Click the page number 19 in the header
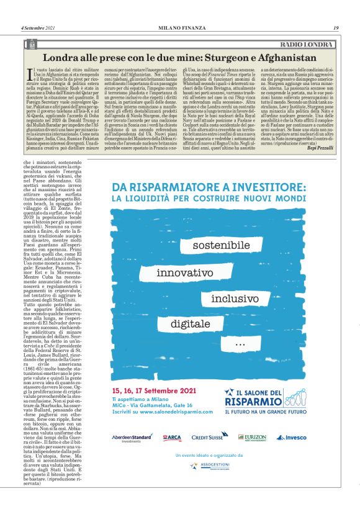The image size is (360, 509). pyautogui.click(x=335, y=27)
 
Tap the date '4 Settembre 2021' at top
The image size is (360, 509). pyautogui.click(x=38, y=27)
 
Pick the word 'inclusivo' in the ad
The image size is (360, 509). pyautogui.click(x=236, y=298)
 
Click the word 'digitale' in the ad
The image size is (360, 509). pyautogui.click(x=191, y=323)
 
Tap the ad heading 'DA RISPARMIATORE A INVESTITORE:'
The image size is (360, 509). pyautogui.click(x=209, y=186)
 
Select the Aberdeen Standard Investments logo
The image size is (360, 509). pyautogui.click(x=133, y=438)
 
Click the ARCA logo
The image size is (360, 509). pyautogui.click(x=172, y=438)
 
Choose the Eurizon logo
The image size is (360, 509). pyautogui.click(x=251, y=438)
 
